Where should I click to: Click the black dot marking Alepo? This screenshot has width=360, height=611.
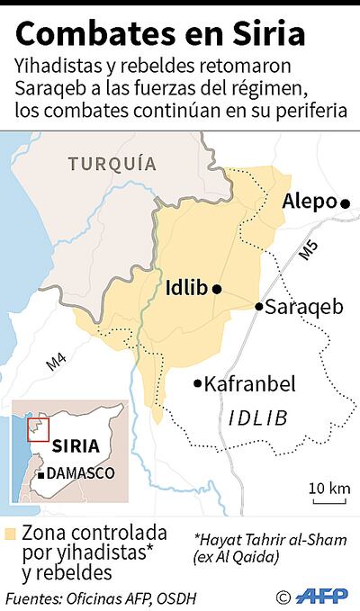345,204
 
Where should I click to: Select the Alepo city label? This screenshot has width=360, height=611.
309,202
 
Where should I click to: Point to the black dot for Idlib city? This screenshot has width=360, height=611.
216,288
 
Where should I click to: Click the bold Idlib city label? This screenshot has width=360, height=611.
186,288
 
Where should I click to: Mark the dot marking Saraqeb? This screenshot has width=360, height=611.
258,307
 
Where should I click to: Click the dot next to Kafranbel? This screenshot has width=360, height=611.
198,384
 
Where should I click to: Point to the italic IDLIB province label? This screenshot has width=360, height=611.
256,418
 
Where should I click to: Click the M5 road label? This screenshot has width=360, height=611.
308,252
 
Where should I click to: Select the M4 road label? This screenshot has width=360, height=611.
56,362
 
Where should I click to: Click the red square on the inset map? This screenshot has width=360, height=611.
36,429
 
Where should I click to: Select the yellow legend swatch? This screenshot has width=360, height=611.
10,533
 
